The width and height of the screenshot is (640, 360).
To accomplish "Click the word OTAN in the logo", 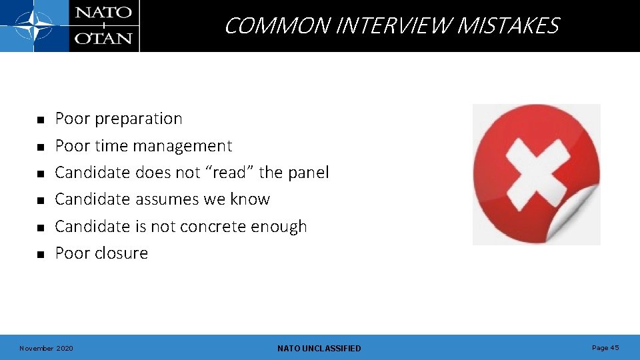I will (103, 39).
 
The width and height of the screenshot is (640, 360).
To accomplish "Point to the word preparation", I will (139, 119).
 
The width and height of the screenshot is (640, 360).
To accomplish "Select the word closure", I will (121, 253).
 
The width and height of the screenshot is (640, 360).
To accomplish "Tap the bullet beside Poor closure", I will (40, 255).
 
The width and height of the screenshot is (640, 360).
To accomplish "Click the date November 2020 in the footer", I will (47, 349).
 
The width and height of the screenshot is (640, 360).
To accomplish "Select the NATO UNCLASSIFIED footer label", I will (319, 349).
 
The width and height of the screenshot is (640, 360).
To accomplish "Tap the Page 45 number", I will (605, 348).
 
